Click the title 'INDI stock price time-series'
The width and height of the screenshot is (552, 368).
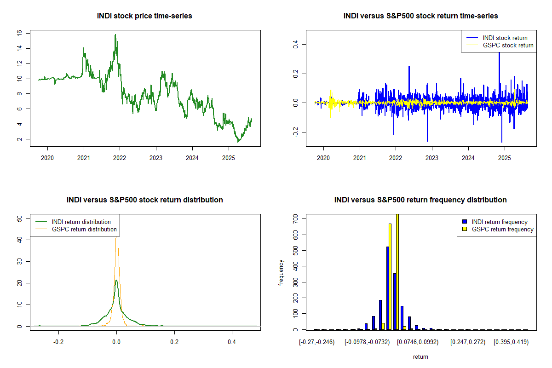[x=144, y=16]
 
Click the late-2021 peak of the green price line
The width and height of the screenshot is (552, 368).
[x=115, y=34]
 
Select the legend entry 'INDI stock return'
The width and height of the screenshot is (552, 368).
[x=505, y=38]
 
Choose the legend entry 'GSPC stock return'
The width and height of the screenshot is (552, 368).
[x=508, y=45]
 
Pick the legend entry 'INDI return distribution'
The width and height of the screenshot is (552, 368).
[x=81, y=222]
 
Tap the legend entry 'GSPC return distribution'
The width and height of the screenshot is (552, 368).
[x=84, y=229]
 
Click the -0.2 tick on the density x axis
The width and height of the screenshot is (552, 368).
[x=58, y=342]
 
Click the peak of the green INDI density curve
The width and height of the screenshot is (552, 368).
[x=116, y=280]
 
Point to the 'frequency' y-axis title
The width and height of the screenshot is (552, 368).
[x=281, y=273]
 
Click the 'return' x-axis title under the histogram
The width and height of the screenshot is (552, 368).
[x=420, y=356]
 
